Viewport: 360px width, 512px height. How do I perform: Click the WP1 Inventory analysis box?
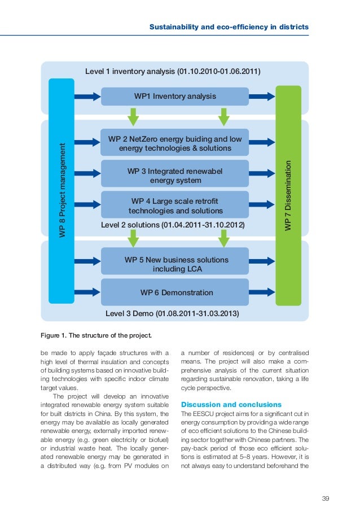(x=174, y=97)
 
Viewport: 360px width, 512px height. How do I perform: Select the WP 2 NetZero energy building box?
(x=174, y=143)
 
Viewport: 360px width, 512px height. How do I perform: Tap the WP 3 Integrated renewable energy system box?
(x=174, y=175)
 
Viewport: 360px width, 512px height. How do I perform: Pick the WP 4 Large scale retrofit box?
(x=174, y=206)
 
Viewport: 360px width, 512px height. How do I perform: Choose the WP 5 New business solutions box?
(x=174, y=264)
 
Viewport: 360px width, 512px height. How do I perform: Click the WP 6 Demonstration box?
(x=174, y=292)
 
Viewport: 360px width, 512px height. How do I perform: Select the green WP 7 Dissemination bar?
(x=288, y=195)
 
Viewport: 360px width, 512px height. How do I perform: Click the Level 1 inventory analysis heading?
(x=172, y=72)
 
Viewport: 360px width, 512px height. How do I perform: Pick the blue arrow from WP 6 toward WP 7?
(x=262, y=292)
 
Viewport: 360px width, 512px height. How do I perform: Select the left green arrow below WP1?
(x=133, y=116)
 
